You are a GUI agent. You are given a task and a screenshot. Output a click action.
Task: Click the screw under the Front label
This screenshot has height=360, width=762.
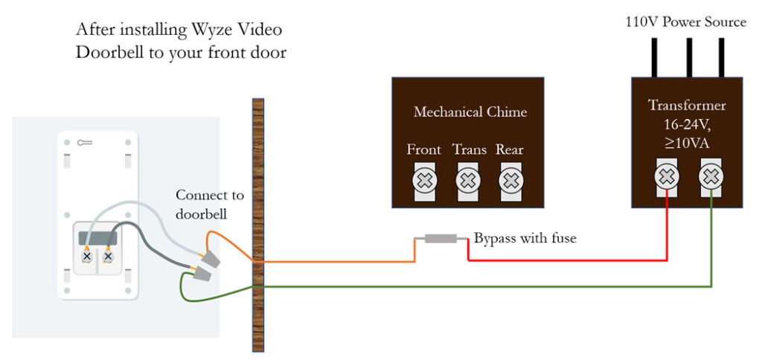coord(424,180)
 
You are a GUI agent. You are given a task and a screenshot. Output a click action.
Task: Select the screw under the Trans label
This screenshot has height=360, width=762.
coord(467,180)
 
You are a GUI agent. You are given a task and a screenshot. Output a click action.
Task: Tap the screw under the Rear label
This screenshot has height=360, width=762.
coord(510,180)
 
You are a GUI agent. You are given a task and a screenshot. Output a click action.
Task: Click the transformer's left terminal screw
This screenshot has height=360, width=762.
coord(667,177)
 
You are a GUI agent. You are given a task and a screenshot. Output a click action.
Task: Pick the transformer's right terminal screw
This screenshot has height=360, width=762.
coord(711,177)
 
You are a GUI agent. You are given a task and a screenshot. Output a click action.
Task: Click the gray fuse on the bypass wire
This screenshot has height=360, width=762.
coord(441,240)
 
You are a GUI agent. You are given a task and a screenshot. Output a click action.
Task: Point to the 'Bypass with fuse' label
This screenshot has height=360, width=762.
coord(525,239)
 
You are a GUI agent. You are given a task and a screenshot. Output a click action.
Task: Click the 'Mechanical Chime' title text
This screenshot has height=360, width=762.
coord(470,112)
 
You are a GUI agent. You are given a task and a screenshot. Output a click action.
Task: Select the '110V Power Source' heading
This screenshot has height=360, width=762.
coord(685,22)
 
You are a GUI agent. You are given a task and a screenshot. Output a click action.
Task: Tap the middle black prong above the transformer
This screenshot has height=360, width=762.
coord(689,57)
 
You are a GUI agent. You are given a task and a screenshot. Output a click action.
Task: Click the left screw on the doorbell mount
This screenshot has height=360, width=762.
coord(87,256)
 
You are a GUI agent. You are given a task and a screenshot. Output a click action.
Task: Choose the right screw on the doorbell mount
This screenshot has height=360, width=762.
coord(108,256)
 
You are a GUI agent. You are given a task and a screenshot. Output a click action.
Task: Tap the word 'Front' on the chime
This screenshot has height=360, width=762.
coord(423,150)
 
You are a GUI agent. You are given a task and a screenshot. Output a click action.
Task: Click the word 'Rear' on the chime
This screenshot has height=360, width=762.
coord(510,150)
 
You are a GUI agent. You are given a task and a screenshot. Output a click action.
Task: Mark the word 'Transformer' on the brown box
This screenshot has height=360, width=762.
coord(687,105)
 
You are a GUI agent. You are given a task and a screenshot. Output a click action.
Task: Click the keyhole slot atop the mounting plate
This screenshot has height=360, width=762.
coord(83,141)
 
